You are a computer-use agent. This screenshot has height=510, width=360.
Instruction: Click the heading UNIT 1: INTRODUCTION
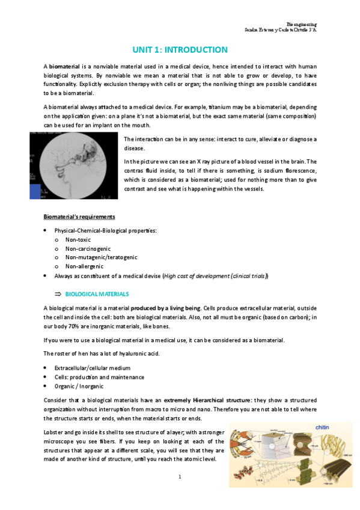180,50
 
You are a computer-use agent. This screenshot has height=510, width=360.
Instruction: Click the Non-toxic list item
78,239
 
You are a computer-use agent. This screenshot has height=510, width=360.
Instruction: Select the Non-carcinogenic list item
88,248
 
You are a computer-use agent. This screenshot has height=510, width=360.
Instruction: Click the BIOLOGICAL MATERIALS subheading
97,294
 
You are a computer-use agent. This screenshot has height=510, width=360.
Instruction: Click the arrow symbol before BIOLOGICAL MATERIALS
58,294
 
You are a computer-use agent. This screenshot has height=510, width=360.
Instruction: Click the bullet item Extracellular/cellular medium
92,367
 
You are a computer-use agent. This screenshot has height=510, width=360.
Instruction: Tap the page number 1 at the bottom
180,477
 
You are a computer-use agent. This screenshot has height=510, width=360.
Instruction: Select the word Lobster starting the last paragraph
54,432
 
